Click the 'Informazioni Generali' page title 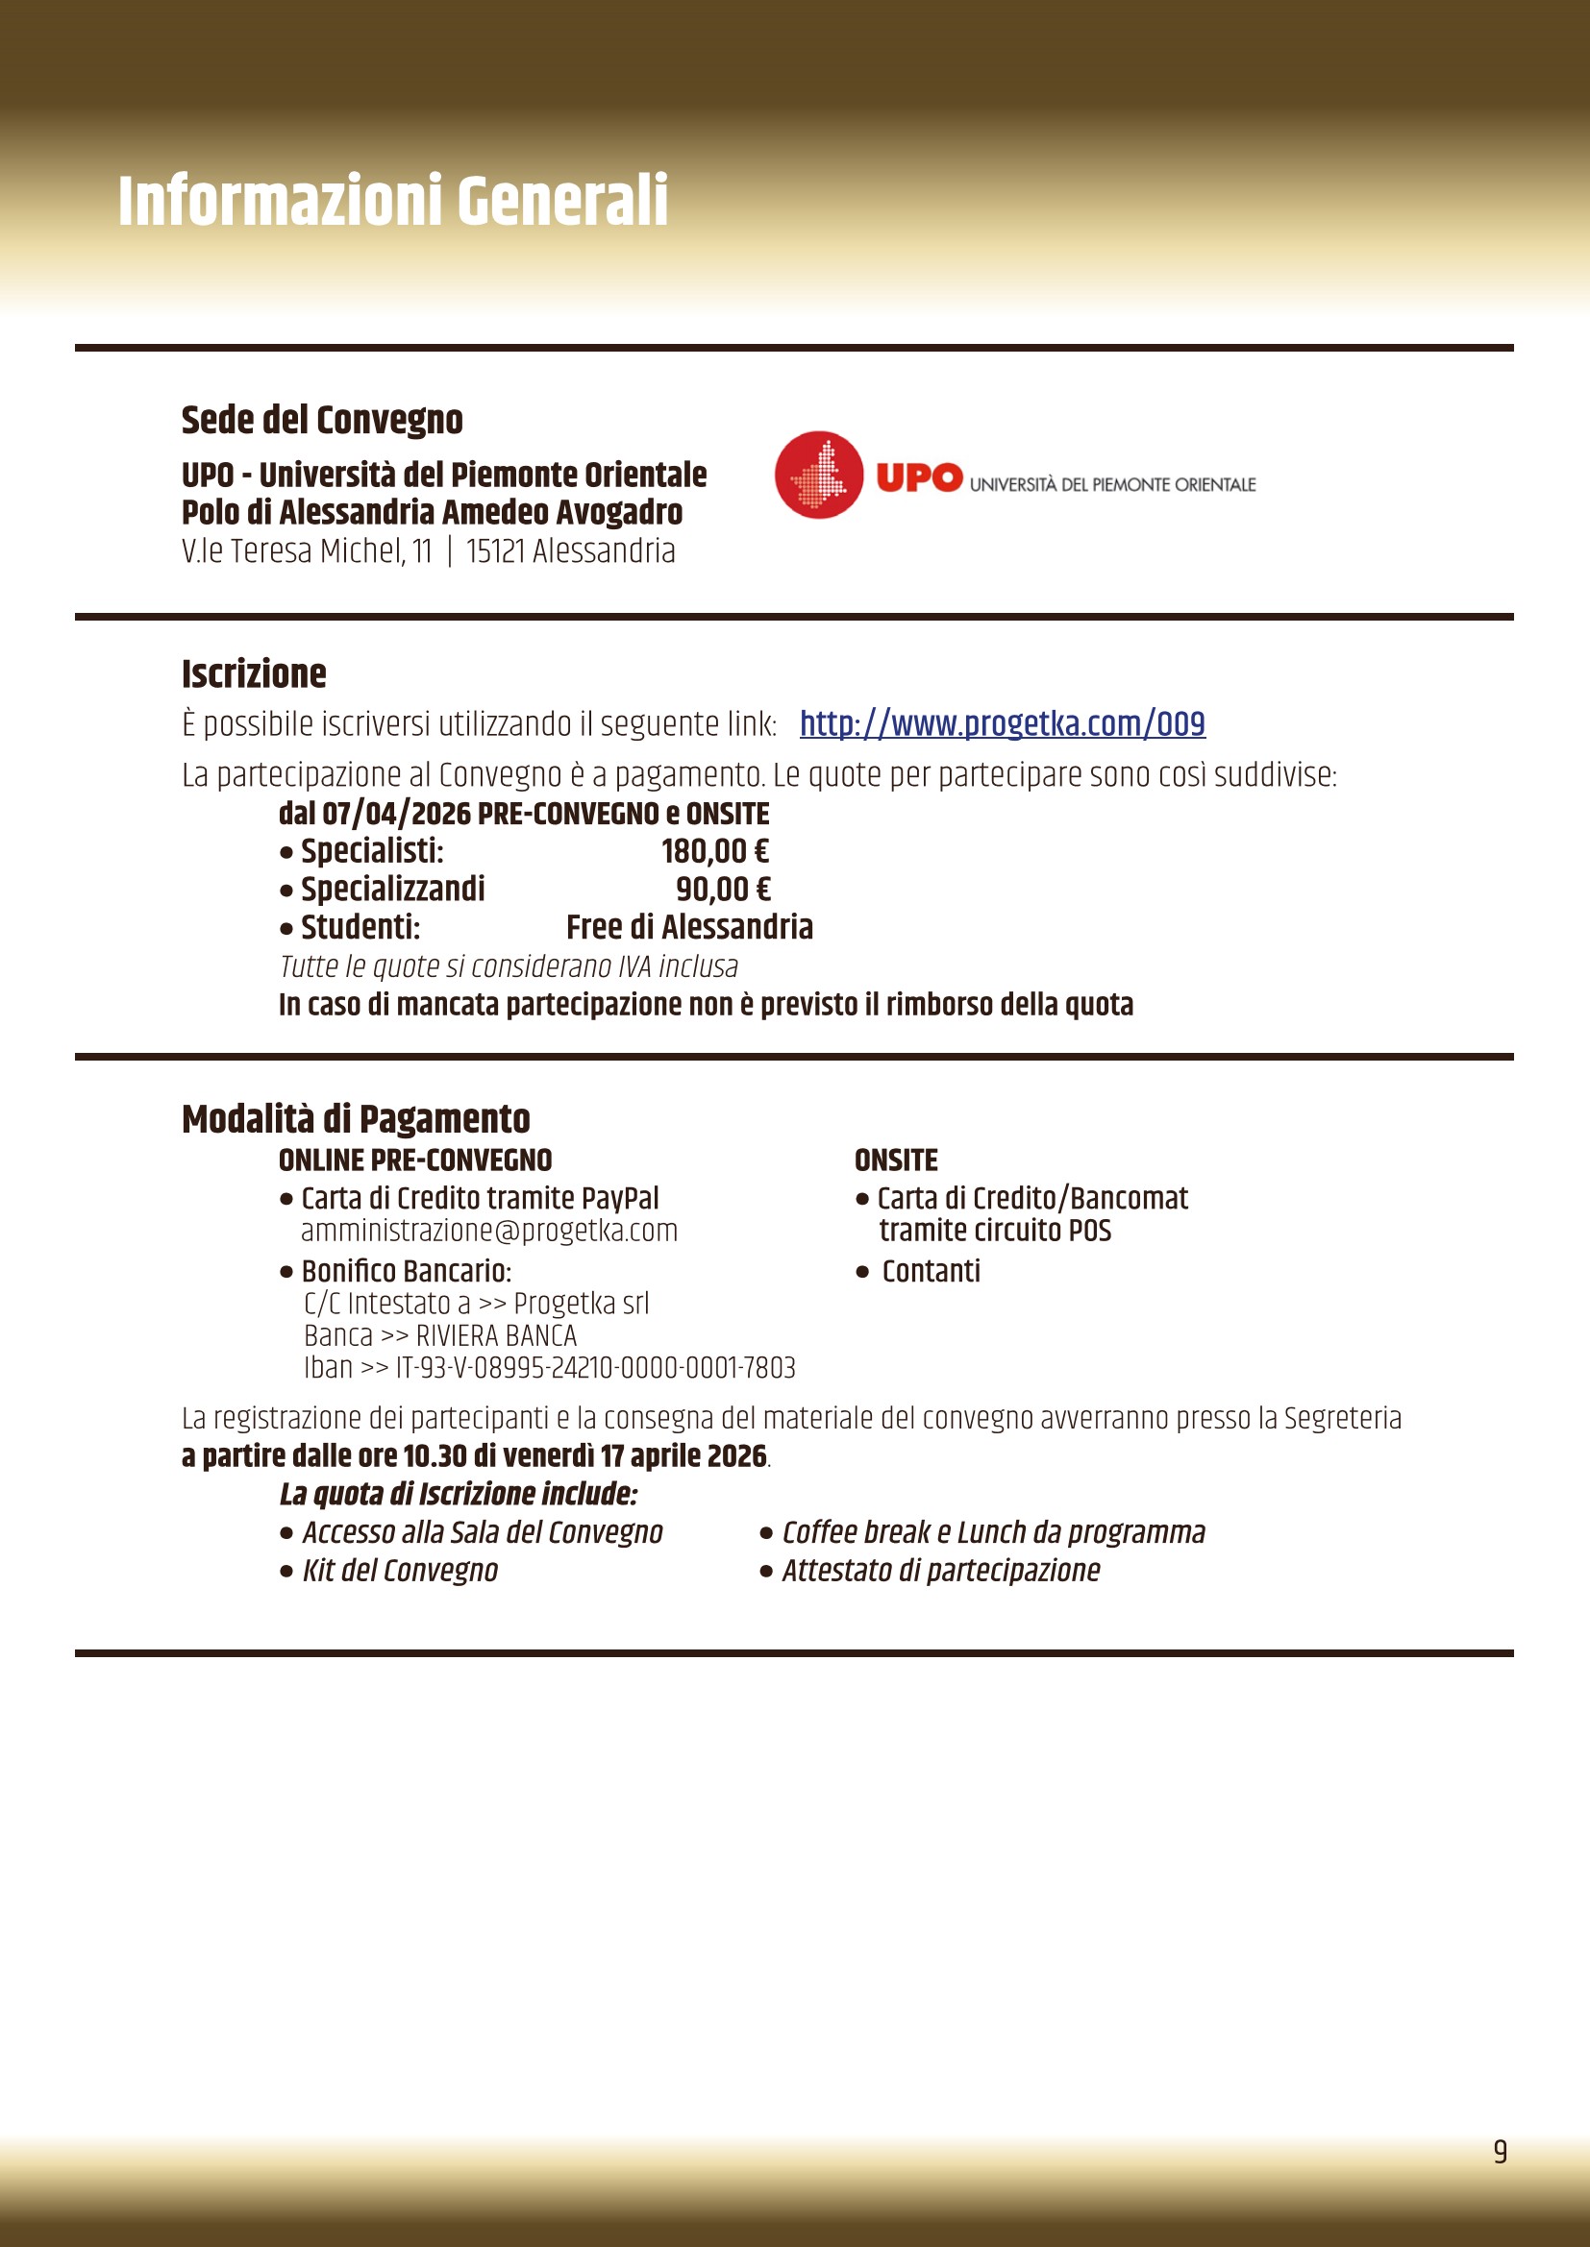392,201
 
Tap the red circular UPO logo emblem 818,475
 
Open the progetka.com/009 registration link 1002,723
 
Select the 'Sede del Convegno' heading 322,420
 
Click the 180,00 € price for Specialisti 714,851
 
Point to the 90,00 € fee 723,889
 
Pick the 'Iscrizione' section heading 254,673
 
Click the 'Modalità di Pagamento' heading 356,1118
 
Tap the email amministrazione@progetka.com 488,1231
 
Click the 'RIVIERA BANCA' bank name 496,1336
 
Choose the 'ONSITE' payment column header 896,1160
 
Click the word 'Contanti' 931,1271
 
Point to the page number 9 1500,2151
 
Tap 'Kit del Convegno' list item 400,1571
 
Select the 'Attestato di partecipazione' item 940,1571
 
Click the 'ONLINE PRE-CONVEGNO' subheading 415,1160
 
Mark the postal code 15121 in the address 495,551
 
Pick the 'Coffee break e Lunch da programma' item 993,1532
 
